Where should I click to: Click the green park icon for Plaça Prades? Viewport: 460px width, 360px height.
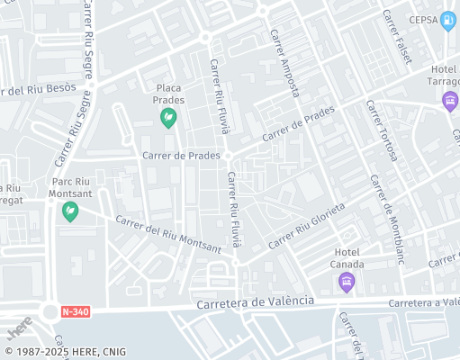coord(168,118)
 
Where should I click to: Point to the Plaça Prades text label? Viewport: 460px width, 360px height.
coord(169,94)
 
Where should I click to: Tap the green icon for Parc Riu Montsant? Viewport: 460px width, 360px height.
coord(69,212)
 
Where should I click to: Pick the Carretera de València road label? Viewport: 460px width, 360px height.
coord(257,301)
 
